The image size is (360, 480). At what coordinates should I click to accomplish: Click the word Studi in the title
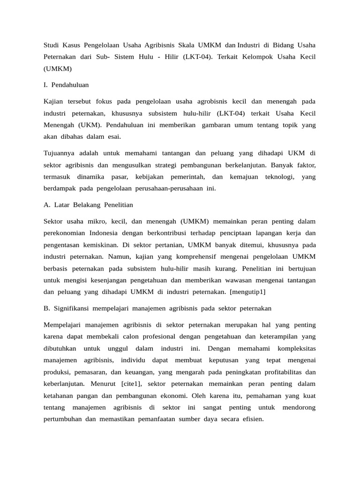(52, 45)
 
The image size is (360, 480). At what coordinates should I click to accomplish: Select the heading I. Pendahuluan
(66, 85)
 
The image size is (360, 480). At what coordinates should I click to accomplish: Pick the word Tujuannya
(60, 153)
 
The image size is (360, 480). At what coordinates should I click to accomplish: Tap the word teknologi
(279, 177)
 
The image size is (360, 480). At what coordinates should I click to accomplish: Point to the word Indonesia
(104, 233)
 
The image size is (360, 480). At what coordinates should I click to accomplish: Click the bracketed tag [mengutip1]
(246, 292)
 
